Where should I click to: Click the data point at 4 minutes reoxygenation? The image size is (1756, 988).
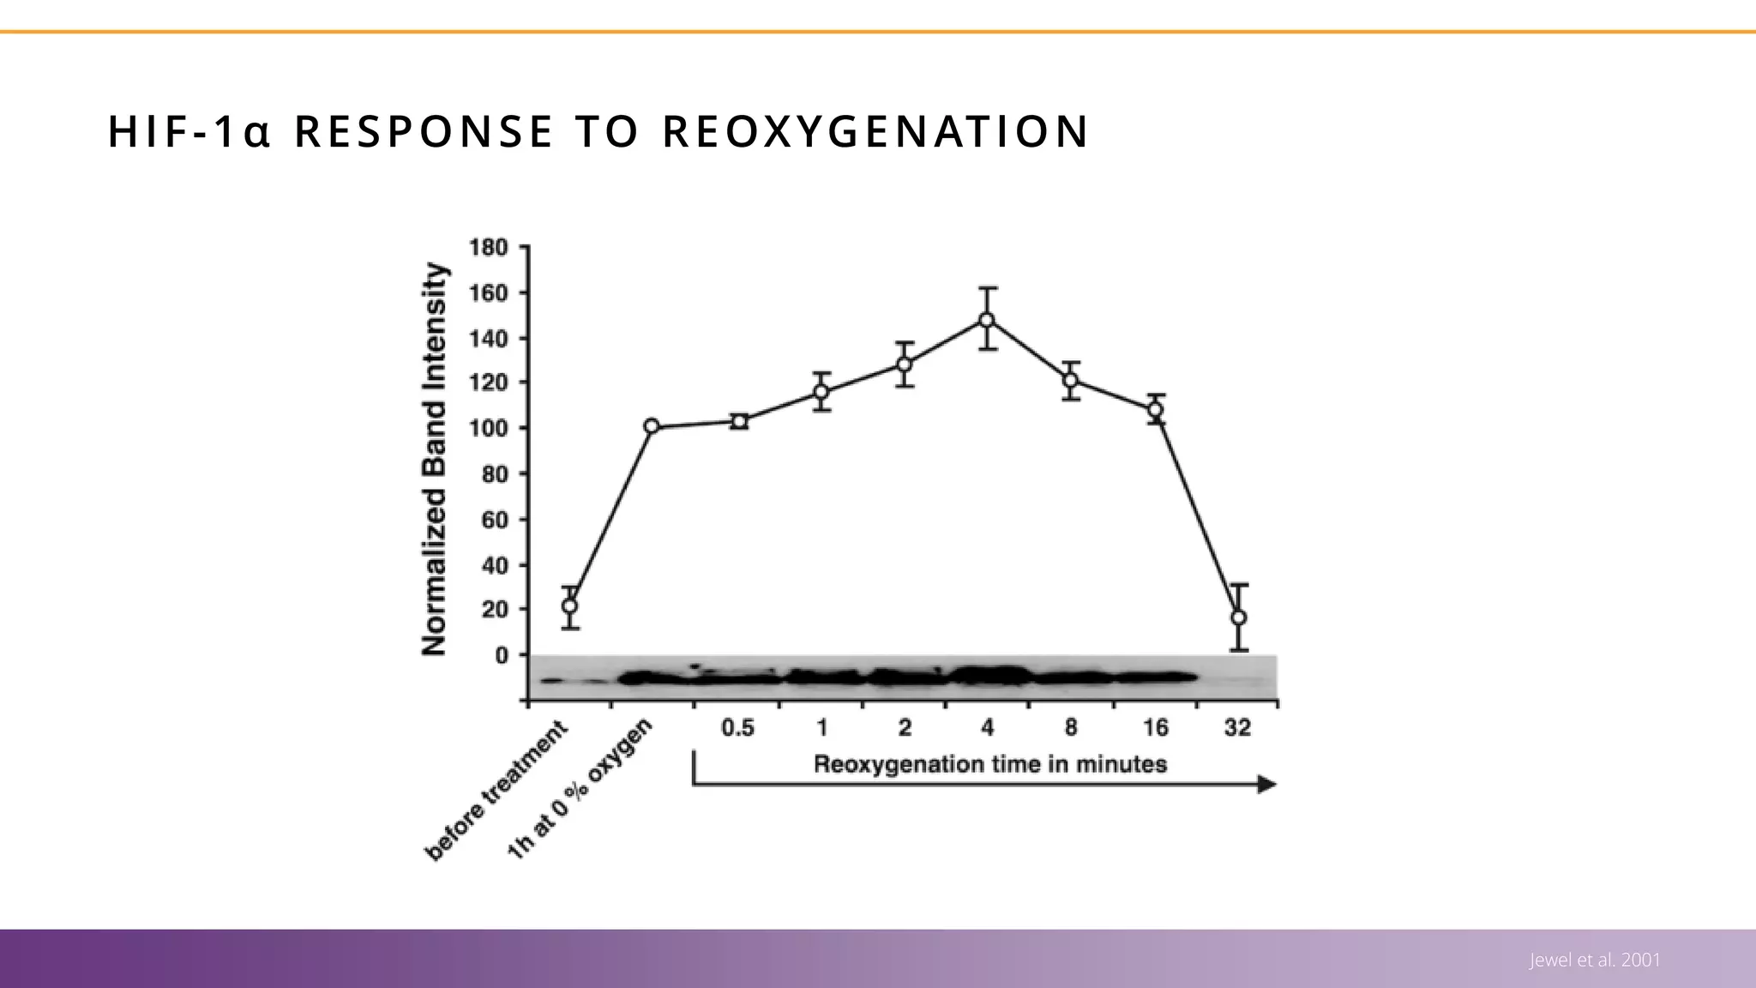(987, 320)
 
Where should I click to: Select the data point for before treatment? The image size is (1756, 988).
(569, 605)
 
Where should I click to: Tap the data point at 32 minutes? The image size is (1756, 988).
(1238, 617)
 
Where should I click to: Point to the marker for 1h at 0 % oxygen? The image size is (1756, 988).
(652, 426)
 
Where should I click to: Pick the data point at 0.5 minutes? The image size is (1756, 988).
(739, 421)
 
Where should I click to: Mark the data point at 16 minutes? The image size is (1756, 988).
(1155, 410)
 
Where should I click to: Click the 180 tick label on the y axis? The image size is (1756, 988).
(488, 248)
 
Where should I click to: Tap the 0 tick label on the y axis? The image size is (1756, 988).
(501, 655)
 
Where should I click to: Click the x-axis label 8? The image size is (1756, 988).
(1071, 728)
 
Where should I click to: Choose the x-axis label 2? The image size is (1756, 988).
(904, 728)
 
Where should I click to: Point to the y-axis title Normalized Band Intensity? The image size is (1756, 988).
(436, 460)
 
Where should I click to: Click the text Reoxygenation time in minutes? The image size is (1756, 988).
(989, 764)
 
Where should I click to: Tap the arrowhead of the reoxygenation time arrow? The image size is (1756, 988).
(1266, 785)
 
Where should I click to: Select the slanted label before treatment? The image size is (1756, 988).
(497, 791)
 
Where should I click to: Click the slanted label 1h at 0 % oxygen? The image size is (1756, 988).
(580, 789)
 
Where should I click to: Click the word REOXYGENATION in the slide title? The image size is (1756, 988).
(875, 132)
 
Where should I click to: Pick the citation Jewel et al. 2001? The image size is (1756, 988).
(1595, 961)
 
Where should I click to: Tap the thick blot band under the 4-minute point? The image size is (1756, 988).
(988, 677)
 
